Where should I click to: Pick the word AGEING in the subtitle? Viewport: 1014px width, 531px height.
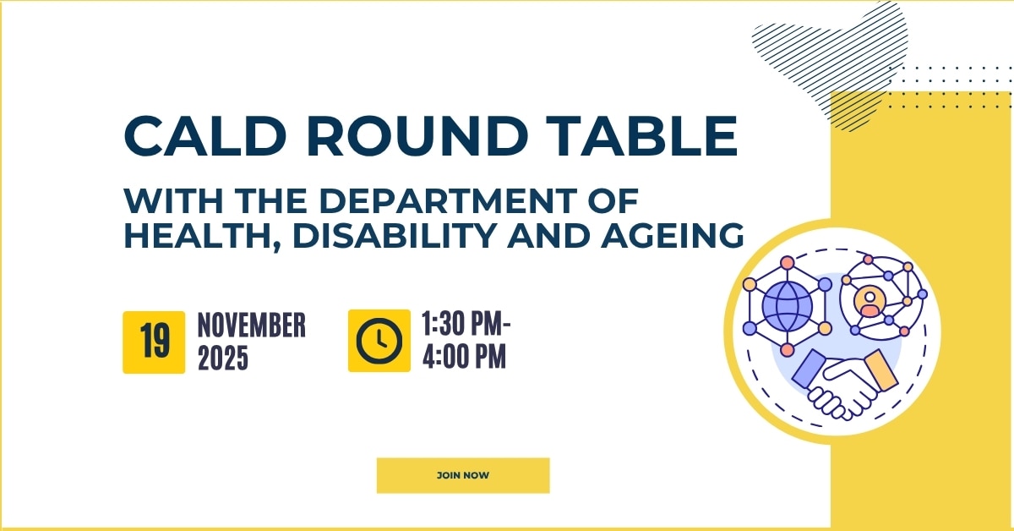[676, 237]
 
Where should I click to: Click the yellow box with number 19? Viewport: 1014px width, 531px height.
[154, 342]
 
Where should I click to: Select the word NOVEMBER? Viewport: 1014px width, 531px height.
[251, 326]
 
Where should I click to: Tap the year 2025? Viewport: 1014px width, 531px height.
[223, 359]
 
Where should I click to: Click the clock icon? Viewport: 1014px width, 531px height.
[379, 341]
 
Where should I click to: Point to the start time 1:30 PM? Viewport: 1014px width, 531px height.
[466, 325]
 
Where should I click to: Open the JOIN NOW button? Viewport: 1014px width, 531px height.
[463, 475]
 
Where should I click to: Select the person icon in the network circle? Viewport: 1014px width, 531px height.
[869, 301]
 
